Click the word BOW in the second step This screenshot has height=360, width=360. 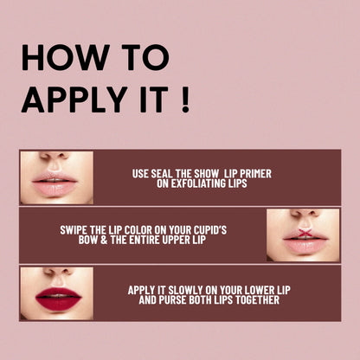pyautogui.click(x=73, y=241)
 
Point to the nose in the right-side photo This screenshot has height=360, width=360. pyautogui.click(x=302, y=217)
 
